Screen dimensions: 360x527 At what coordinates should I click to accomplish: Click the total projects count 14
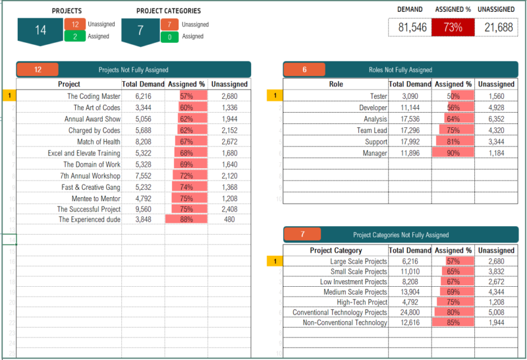[x=41, y=30]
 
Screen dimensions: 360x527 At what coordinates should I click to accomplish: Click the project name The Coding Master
[x=94, y=96]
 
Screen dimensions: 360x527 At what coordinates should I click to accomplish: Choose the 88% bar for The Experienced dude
[x=186, y=220]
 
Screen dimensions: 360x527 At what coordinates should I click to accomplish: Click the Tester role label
[x=378, y=96]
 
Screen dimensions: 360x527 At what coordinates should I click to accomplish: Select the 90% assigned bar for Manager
[x=453, y=153]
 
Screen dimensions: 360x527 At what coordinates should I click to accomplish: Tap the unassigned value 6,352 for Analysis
[x=496, y=119]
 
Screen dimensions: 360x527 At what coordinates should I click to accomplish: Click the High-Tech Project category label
[x=362, y=302]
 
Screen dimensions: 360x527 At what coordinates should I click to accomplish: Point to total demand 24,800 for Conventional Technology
[x=410, y=313]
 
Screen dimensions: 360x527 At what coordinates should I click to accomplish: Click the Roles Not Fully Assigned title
[x=400, y=70]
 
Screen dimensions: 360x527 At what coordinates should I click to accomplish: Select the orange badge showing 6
[x=304, y=70]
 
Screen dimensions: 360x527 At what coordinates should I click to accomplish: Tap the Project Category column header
[x=335, y=251]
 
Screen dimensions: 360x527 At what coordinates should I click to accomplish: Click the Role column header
[x=335, y=84]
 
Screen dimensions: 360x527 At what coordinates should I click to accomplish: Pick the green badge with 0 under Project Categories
[x=170, y=37]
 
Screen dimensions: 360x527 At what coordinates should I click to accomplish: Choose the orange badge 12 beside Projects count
[x=74, y=24]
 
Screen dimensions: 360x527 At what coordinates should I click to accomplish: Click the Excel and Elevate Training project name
[x=84, y=153]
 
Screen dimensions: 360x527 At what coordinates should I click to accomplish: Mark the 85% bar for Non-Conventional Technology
[x=453, y=322]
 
